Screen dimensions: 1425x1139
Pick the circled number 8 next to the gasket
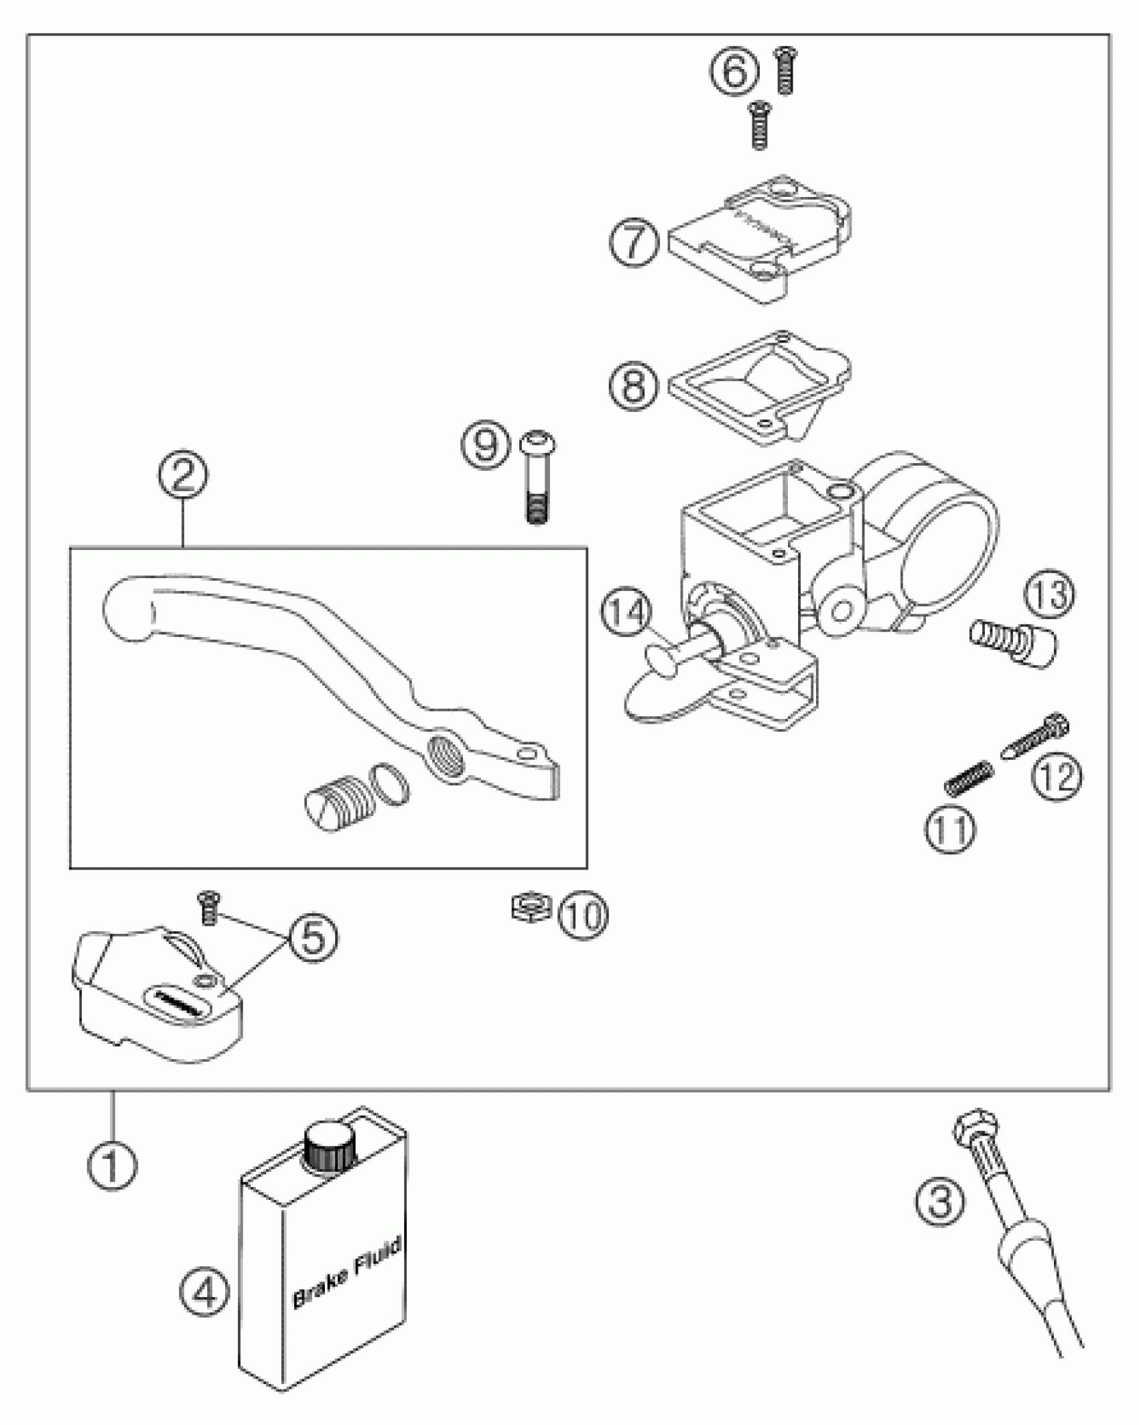coord(634,385)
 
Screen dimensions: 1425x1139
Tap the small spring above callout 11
coord(968,778)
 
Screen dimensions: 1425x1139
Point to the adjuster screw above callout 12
coord(1036,737)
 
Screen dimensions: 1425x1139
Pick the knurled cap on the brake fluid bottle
coord(328,1148)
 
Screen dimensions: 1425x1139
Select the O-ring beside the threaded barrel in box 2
coord(389,783)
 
